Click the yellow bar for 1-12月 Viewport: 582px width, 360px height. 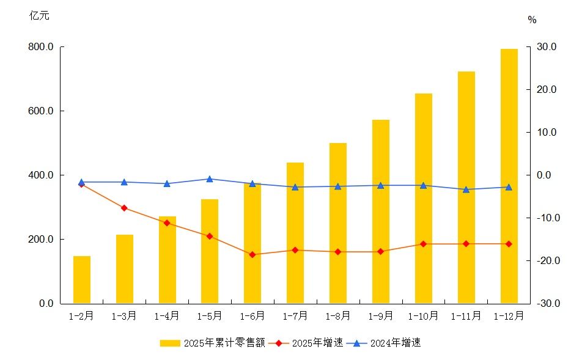(509, 176)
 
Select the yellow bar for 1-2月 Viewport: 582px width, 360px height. (82, 279)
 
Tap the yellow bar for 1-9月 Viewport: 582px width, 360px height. (381, 211)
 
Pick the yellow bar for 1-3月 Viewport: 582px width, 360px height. (125, 269)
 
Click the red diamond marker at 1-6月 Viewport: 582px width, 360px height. (252, 254)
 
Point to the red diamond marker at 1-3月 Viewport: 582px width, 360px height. (124, 208)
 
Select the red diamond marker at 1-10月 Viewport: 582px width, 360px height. (423, 244)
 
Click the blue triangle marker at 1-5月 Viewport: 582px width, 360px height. (210, 179)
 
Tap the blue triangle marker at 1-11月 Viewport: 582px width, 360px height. (466, 189)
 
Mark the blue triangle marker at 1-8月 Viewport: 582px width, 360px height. (338, 186)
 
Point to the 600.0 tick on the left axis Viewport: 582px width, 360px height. (41, 111)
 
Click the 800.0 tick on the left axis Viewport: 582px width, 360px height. (41, 47)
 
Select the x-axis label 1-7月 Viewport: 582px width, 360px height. (295, 316)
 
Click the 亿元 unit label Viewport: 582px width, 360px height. (40, 16)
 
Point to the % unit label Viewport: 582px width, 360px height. (532, 20)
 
